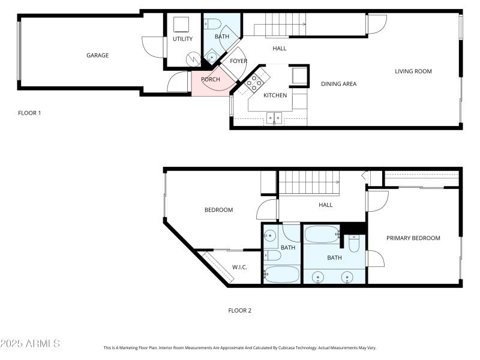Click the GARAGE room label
pyautogui.click(x=97, y=56)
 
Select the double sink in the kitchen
pyautogui.click(x=274, y=118)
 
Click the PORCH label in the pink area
pyautogui.click(x=210, y=80)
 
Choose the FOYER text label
pyautogui.click(x=238, y=61)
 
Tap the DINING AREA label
pyautogui.click(x=338, y=84)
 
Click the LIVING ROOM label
pyautogui.click(x=413, y=71)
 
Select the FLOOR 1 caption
pyautogui.click(x=29, y=113)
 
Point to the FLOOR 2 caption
pyautogui.click(x=239, y=311)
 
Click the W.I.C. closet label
pyautogui.click(x=239, y=267)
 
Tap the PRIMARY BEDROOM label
pyautogui.click(x=413, y=238)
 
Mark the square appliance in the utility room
pyautogui.click(x=181, y=25)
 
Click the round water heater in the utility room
pyautogui.click(x=193, y=58)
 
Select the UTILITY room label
pyautogui.click(x=182, y=40)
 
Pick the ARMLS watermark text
pyautogui.click(x=30, y=344)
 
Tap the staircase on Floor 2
pyautogui.click(x=309, y=182)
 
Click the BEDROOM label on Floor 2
pyautogui.click(x=218, y=210)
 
